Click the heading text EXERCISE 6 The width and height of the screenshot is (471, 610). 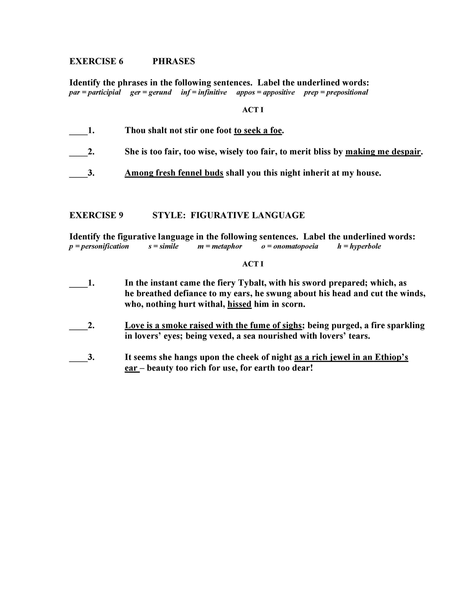(96, 61)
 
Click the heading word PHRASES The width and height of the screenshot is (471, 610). (173, 61)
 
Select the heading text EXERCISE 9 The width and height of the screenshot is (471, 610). (96, 215)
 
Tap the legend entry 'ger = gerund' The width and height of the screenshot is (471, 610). (151, 92)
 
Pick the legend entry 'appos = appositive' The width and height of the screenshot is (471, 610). (265, 92)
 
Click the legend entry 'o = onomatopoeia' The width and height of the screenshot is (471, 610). (289, 246)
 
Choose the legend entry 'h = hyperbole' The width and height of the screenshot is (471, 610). (359, 246)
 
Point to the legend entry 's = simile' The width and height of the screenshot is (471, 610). (163, 246)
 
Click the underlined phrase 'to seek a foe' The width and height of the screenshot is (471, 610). (258, 130)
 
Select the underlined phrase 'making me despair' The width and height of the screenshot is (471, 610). (383, 152)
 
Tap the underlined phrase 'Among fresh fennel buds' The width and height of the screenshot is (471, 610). (174, 173)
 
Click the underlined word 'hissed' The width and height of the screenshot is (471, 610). (239, 304)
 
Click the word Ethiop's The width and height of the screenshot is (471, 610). (391, 357)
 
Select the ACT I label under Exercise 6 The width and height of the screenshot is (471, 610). (253, 110)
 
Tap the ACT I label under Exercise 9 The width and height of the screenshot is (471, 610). (253, 264)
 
